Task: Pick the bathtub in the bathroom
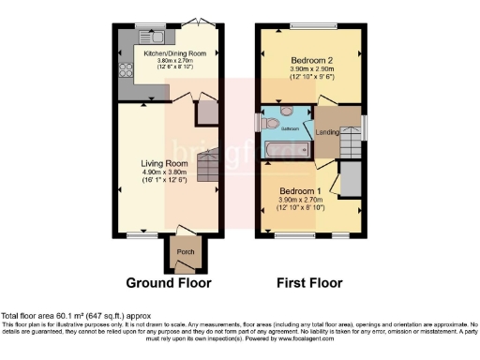tap(287, 149)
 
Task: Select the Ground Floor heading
tap(168, 282)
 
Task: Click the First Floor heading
tap(309, 282)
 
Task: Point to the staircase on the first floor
tap(351, 141)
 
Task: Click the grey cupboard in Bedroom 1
tap(352, 177)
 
